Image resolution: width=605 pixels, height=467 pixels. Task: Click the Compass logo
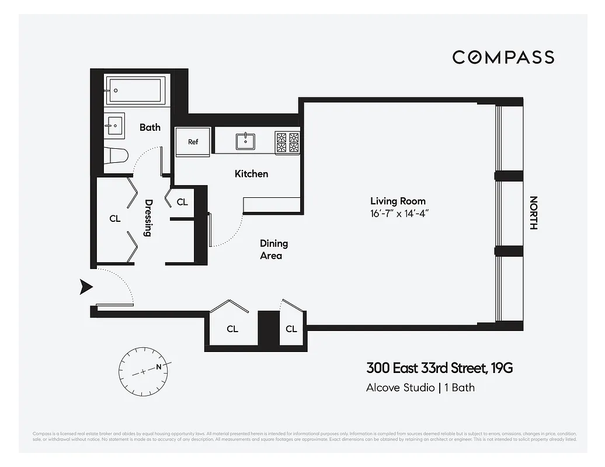click(503, 57)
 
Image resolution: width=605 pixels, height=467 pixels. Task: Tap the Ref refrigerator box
click(193, 142)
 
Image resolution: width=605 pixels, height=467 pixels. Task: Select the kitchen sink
click(245, 141)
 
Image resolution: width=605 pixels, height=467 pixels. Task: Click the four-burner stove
click(287, 142)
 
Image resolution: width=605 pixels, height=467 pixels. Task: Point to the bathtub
click(138, 90)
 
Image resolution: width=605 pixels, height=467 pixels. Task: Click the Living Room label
click(397, 201)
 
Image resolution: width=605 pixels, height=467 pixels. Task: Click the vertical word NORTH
click(533, 212)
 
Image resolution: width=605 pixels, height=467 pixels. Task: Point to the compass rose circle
click(144, 370)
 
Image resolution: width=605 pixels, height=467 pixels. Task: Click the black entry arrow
click(86, 286)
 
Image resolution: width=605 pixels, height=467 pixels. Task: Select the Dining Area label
click(273, 249)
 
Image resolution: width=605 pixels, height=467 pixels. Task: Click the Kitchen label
click(251, 173)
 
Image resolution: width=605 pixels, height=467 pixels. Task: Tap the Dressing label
click(148, 218)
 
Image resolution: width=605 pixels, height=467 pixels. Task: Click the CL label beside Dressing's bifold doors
click(114, 218)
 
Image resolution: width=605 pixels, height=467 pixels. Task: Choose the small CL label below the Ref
click(182, 202)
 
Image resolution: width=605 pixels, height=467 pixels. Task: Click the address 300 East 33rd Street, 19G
click(439, 368)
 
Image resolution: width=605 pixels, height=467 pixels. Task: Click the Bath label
click(149, 127)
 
